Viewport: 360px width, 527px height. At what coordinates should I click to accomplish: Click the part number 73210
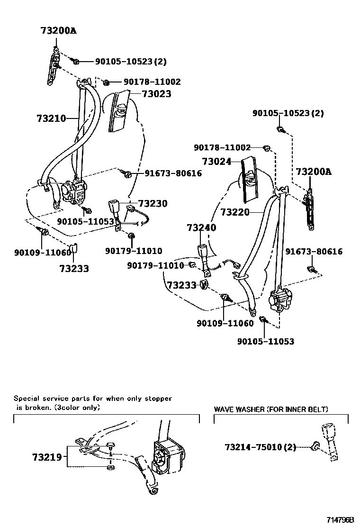[x=51, y=118]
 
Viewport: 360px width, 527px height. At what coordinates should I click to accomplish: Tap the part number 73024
[x=216, y=162]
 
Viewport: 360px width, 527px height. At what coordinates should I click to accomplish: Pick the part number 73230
[x=153, y=203]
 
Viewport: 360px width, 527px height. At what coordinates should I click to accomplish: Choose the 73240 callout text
[x=201, y=227]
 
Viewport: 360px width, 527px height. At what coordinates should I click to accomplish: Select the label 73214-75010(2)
[x=260, y=447]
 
